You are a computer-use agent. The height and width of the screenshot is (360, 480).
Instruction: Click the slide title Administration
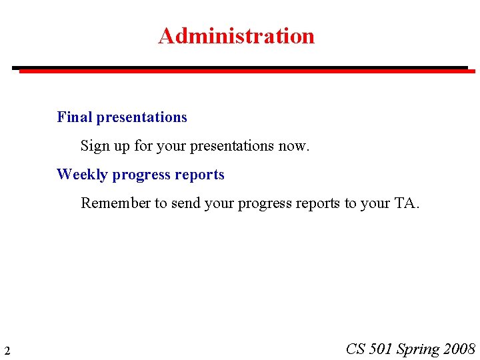236,35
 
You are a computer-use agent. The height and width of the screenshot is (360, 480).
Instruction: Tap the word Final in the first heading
75,117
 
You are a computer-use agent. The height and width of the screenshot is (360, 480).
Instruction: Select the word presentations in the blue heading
141,118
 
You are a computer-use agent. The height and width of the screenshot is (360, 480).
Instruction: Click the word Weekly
82,175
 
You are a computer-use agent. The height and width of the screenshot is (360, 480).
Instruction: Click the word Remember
115,203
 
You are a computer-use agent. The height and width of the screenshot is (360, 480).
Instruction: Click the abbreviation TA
406,203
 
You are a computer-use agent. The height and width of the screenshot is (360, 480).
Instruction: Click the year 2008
459,349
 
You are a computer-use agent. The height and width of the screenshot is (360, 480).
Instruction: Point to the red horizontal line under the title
247,71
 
